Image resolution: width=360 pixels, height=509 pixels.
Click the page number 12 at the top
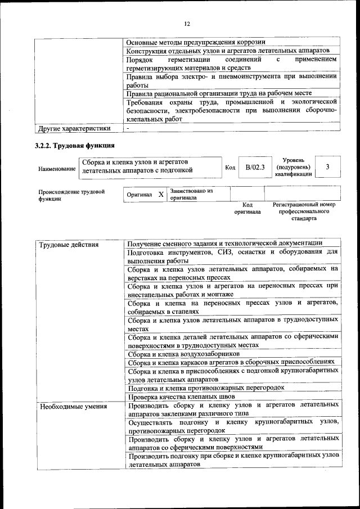[187, 23]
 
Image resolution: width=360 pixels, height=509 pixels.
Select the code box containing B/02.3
[255, 167]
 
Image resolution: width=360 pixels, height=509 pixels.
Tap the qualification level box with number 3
[327, 167]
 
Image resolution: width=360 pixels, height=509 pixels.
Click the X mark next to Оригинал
[161, 194]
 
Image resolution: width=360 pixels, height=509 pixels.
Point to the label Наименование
[57, 169]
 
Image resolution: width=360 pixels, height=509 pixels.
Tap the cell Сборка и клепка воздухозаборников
[183, 354]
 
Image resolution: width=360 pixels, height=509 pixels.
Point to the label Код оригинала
[247, 209]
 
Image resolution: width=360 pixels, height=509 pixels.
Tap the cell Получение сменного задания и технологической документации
[225, 243]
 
